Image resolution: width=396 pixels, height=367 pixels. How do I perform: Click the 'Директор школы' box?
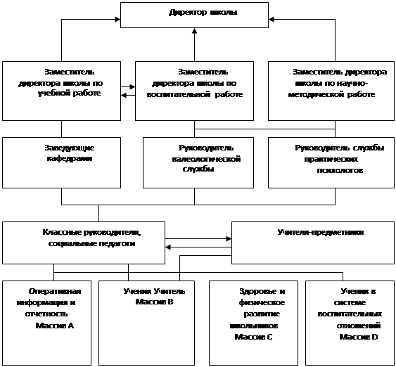(194, 15)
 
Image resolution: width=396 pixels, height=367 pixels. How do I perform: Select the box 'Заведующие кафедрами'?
(61, 163)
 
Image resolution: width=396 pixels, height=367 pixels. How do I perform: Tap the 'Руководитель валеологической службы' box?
(198, 163)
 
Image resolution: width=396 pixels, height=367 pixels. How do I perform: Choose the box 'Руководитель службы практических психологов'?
(331, 163)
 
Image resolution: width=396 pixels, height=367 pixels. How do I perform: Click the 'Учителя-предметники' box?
(313, 243)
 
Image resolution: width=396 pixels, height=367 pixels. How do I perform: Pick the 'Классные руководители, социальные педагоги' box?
(84, 243)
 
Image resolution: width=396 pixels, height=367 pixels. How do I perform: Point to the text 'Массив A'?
(55, 326)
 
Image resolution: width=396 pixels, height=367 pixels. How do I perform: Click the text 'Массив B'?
(154, 302)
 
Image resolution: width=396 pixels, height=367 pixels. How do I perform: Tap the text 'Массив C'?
(253, 337)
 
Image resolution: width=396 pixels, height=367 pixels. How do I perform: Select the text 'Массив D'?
(359, 337)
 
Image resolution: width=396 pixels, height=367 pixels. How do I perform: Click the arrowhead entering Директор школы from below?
(194, 30)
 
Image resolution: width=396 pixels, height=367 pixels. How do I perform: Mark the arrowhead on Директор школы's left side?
(117, 20)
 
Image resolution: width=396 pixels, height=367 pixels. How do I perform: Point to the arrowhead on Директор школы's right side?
(272, 20)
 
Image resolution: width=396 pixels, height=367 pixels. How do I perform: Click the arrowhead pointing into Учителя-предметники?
(229, 238)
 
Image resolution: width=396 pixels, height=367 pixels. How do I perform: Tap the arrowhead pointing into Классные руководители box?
(168, 247)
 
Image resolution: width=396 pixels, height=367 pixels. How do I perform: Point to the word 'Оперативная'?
(55, 291)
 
